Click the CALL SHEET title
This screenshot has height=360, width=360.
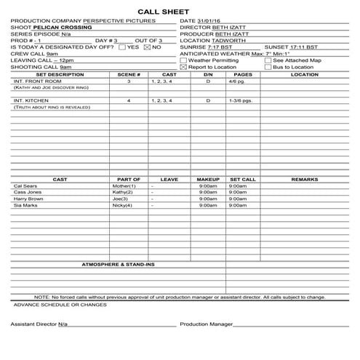pos(180,12)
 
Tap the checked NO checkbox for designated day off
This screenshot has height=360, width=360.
pos(147,47)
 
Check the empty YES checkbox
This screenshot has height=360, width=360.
pos(122,47)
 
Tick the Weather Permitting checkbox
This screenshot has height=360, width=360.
pos(183,60)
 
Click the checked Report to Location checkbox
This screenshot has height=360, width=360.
pos(183,66)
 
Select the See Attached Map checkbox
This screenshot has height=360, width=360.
pos(268,60)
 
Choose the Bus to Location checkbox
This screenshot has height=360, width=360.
pos(268,66)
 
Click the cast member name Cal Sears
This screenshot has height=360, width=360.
pos(25,185)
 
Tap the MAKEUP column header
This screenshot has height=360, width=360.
pos(208,179)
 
